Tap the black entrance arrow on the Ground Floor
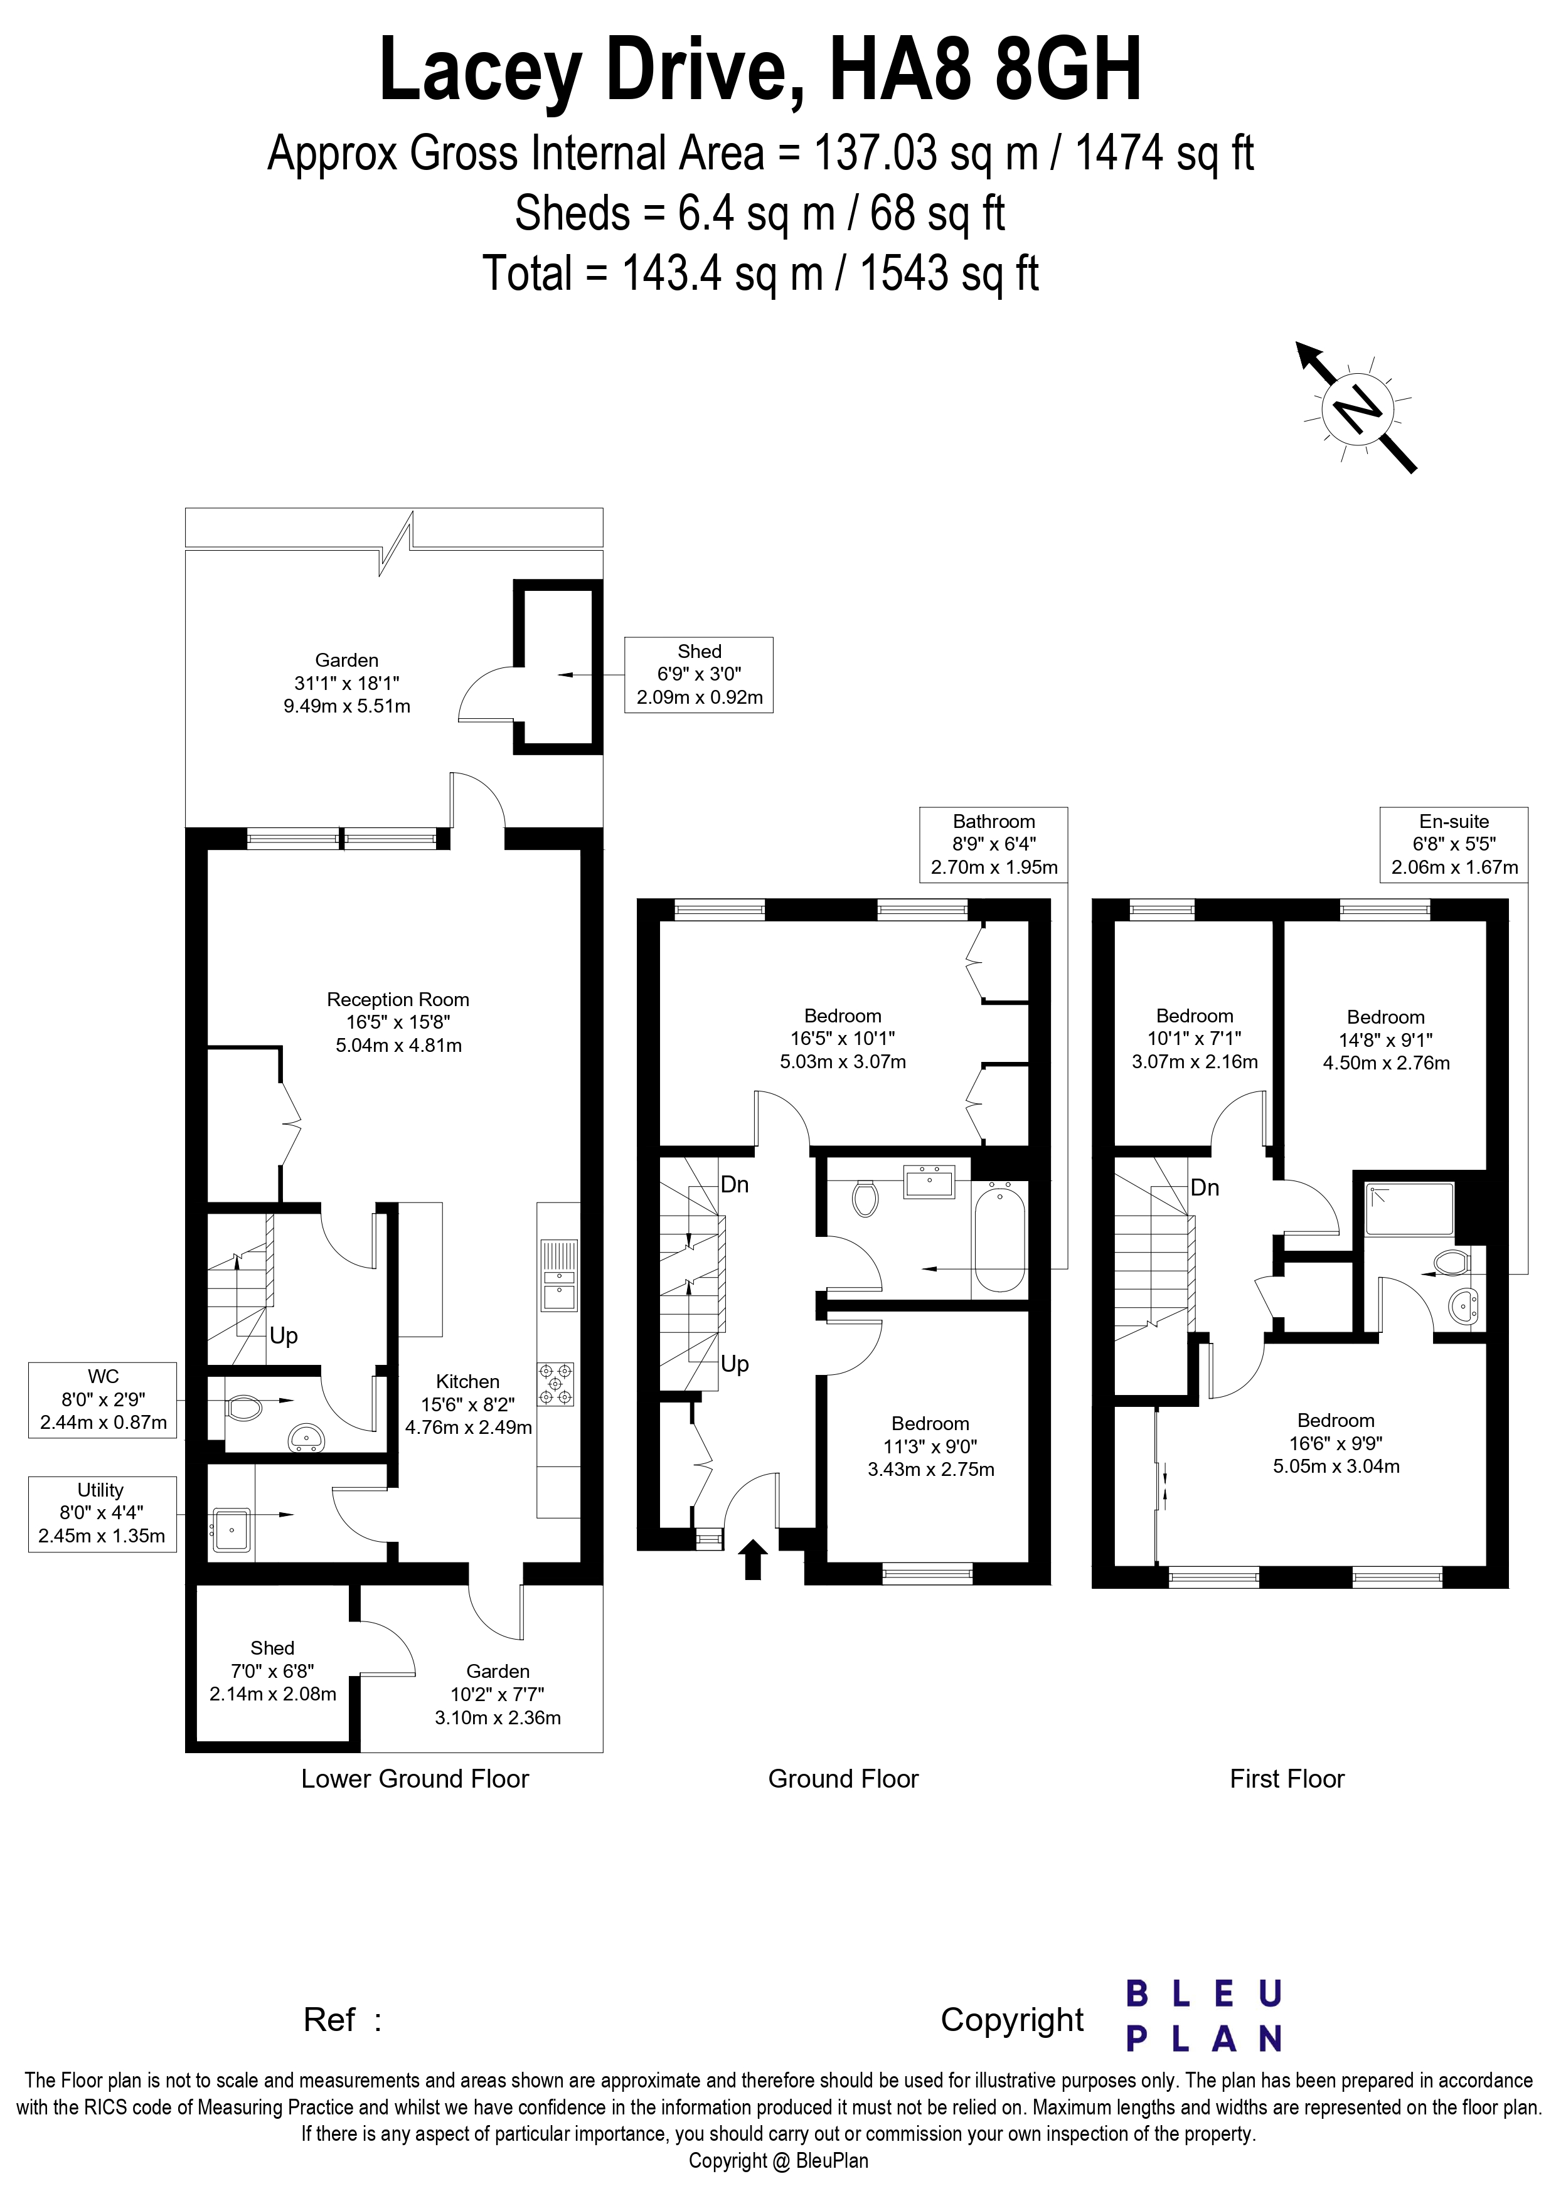[753, 1559]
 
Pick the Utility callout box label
[102, 1514]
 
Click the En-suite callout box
[1454, 844]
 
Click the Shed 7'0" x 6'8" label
[272, 1671]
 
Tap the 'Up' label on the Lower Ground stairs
[284, 1335]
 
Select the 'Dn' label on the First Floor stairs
[1205, 1188]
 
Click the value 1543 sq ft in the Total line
[949, 273]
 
